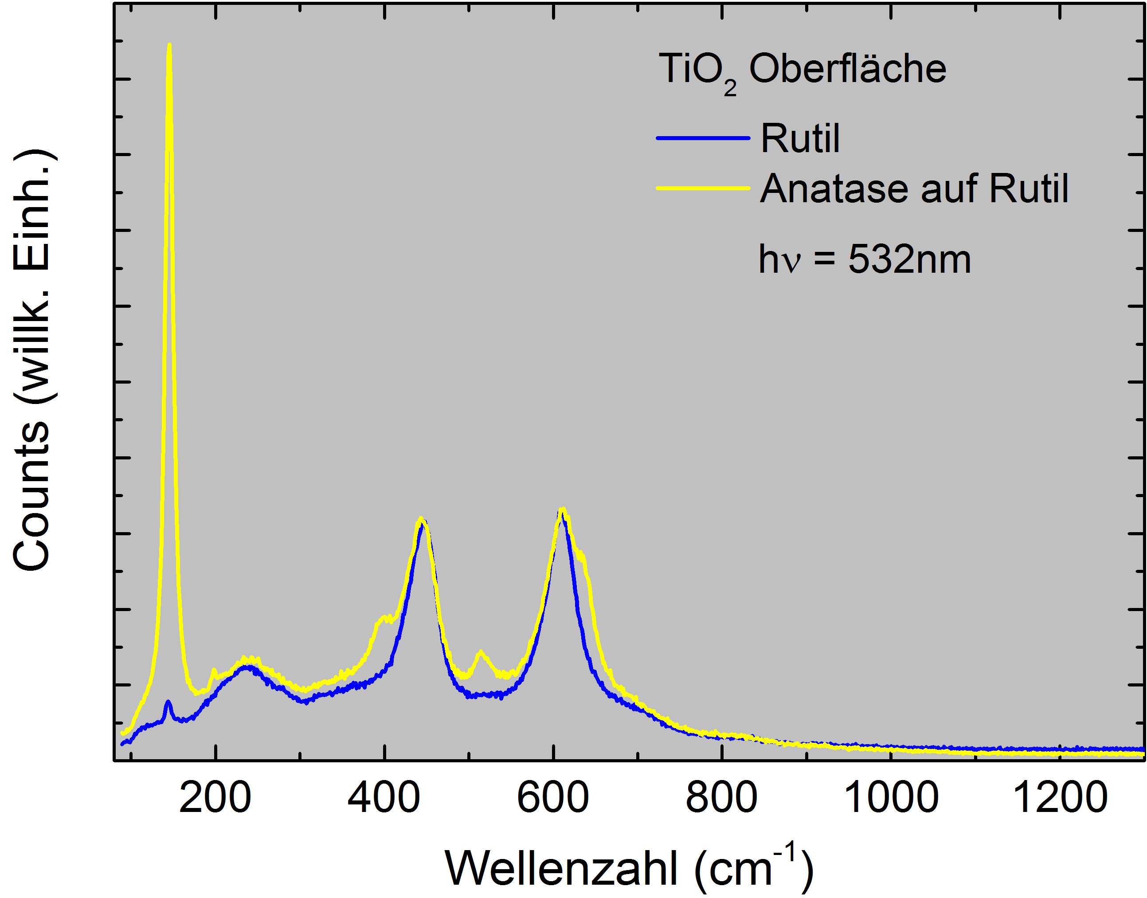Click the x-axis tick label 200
[215, 798]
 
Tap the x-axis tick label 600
[553, 798]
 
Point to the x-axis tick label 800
[722, 798]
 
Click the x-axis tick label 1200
[1060, 798]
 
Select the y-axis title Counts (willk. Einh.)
[31, 361]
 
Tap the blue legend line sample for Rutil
[703, 138]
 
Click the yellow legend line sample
[703, 188]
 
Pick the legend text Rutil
[800, 139]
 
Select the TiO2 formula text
[697, 71]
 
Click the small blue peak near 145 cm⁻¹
[168, 702]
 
